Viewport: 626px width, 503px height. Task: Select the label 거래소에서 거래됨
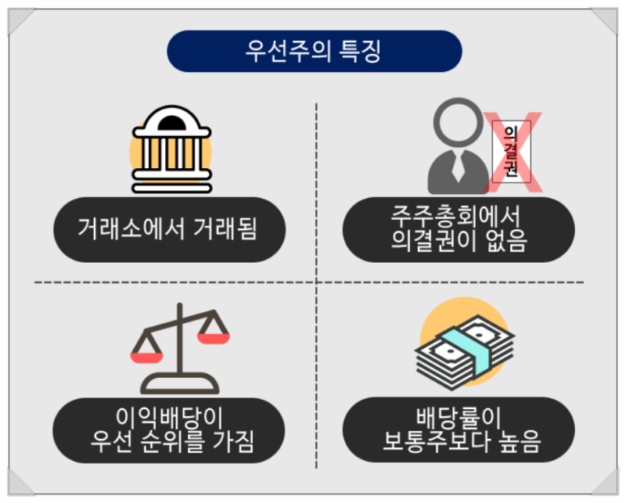(x=169, y=228)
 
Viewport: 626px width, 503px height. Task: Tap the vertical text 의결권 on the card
(x=511, y=150)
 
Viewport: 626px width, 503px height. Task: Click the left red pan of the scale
(x=146, y=357)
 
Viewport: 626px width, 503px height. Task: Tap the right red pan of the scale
(x=213, y=338)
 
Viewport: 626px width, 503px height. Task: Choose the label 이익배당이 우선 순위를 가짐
(x=169, y=429)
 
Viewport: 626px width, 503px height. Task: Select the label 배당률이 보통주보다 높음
(x=462, y=429)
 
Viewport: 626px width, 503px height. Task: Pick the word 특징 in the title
(x=362, y=52)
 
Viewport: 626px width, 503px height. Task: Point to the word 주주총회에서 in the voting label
(x=459, y=214)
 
